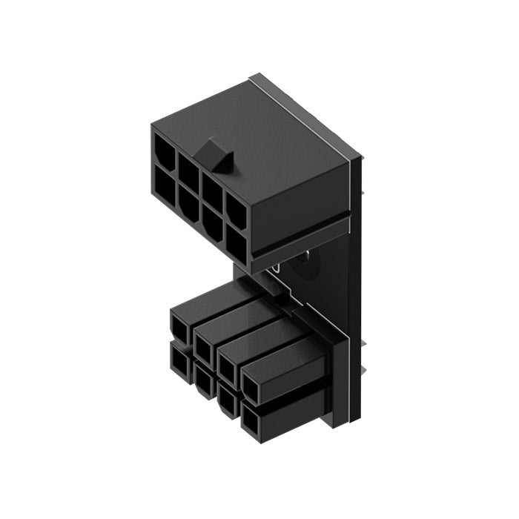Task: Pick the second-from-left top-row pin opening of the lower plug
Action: pos(205,343)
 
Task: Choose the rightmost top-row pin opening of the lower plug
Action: pos(253,383)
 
